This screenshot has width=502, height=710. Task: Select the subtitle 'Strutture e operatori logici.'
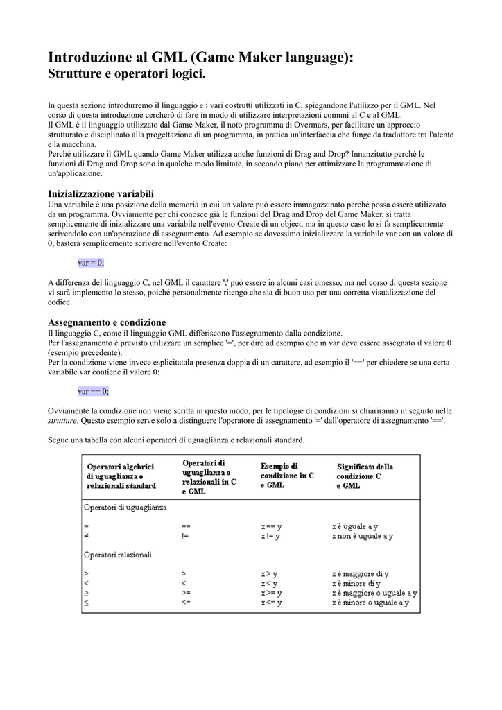(127, 73)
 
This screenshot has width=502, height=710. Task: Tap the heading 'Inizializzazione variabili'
(101, 193)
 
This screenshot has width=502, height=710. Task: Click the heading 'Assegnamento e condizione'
(107, 322)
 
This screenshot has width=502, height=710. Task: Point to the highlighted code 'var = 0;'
(91, 263)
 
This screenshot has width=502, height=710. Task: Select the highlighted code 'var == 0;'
(93, 391)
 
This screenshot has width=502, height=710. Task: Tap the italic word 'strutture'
(62, 420)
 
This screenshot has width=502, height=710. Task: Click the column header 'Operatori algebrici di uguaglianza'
(121, 476)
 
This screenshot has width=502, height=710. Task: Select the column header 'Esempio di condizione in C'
(287, 476)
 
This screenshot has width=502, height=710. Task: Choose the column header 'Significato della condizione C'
(365, 476)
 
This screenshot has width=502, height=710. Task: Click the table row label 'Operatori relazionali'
(118, 555)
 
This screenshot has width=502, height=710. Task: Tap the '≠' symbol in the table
(86, 536)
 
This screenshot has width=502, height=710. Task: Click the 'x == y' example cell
(271, 527)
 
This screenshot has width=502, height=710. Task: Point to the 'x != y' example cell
(270, 536)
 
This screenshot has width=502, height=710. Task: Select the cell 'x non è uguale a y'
(363, 536)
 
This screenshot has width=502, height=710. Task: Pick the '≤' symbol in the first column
(86, 603)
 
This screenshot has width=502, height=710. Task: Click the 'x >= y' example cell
(271, 594)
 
